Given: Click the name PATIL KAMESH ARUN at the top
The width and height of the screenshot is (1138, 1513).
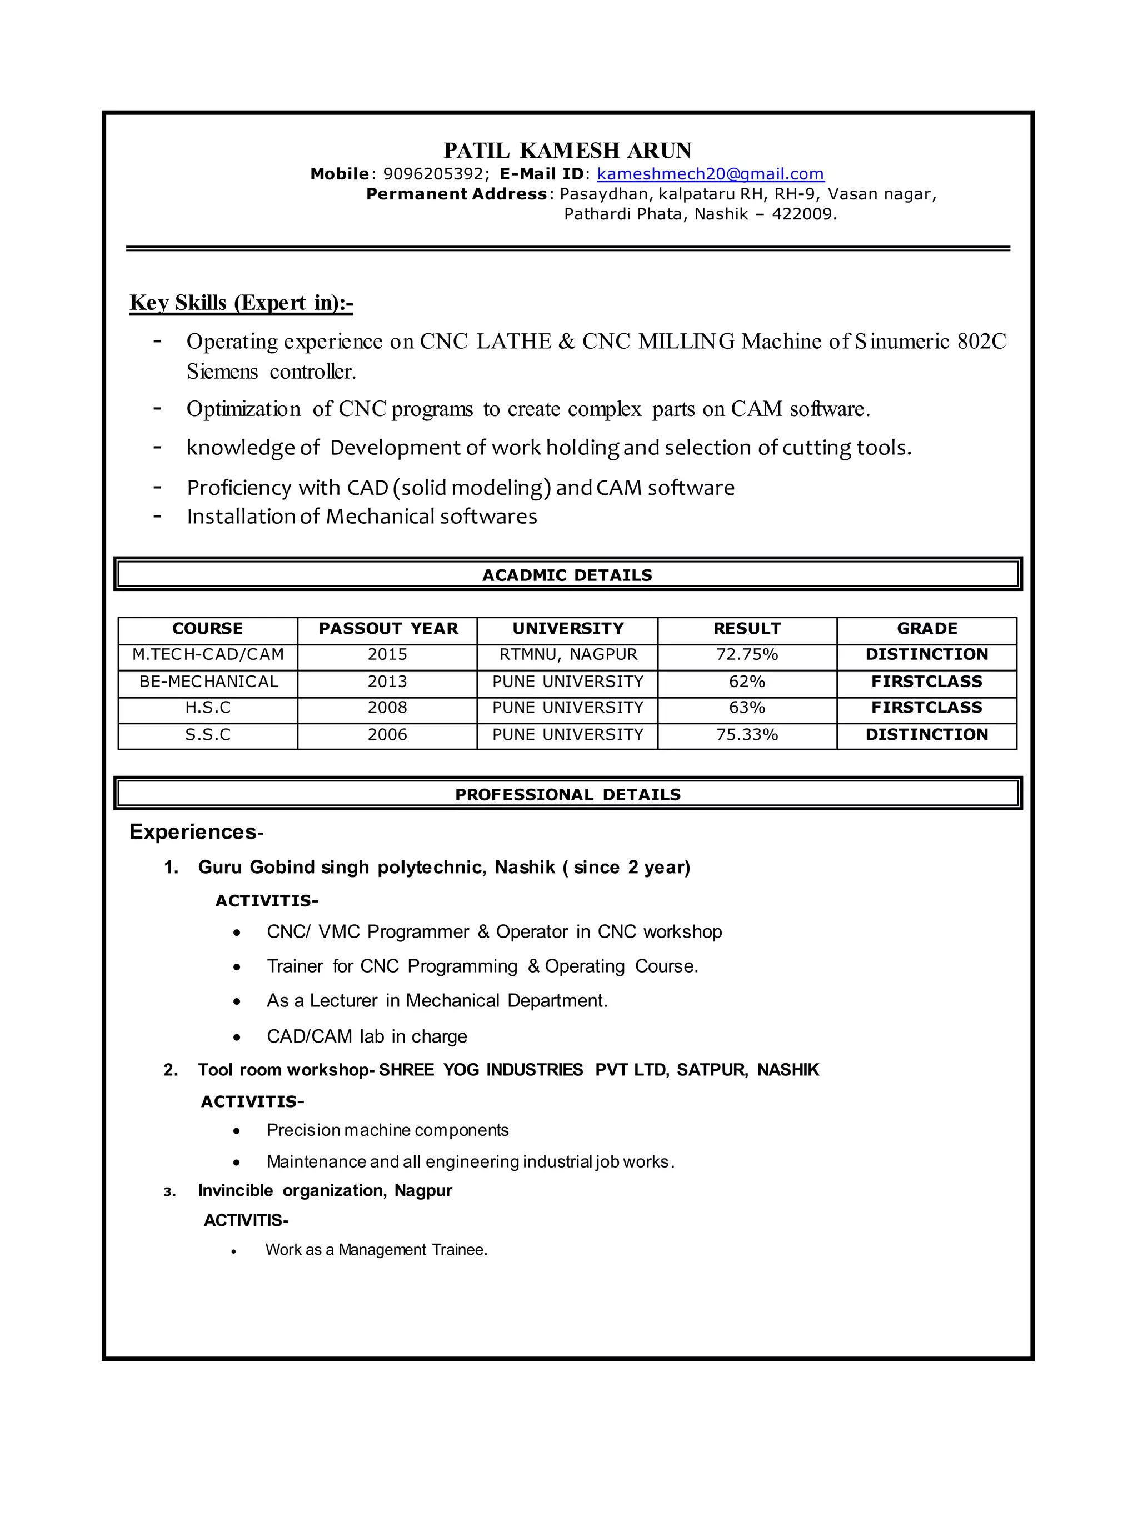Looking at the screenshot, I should (567, 151).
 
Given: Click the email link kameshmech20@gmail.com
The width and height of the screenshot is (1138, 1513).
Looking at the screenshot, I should (710, 174).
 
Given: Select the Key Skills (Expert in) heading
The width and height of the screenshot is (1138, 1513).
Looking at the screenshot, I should (241, 302).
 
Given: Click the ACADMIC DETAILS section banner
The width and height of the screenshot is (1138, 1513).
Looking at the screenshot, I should (567, 574).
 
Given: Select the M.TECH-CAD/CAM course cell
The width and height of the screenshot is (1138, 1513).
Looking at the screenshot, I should (208, 655).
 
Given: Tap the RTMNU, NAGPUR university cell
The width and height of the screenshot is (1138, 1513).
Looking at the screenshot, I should (567, 655).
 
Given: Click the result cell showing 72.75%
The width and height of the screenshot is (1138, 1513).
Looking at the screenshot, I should (747, 655).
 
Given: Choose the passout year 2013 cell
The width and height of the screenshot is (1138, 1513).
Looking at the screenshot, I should (387, 682).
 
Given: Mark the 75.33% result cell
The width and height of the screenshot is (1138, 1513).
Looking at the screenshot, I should (747, 735).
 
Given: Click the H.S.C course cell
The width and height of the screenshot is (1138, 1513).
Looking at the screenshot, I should (208, 707).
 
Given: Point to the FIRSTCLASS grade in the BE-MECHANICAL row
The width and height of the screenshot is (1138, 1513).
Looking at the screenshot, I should (926, 682).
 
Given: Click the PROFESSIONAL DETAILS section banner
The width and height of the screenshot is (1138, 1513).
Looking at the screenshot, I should (567, 794).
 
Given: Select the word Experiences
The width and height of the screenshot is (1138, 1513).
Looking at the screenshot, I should (192, 831).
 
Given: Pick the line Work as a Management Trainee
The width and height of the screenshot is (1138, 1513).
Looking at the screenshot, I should (376, 1250).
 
